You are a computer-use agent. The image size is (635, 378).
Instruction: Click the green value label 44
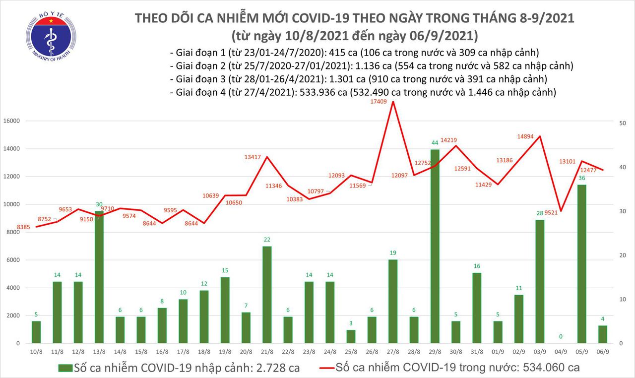click(435, 143)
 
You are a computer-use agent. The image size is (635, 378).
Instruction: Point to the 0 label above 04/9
click(561, 337)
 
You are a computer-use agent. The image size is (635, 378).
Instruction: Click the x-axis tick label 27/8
click(393, 351)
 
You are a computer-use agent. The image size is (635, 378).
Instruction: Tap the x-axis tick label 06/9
click(602, 351)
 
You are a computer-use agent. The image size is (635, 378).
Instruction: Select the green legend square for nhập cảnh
click(65, 368)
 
